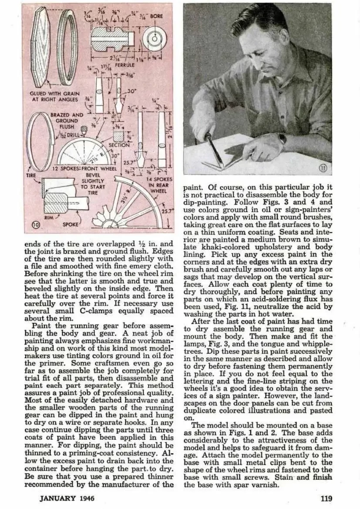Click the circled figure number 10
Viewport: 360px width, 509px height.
tap(37, 225)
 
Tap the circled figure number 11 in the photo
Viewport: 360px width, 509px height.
tap(323, 167)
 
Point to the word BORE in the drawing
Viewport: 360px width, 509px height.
tap(157, 16)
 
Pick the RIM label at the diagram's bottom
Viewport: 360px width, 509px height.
tap(48, 216)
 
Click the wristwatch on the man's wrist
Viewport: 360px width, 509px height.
tap(282, 139)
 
